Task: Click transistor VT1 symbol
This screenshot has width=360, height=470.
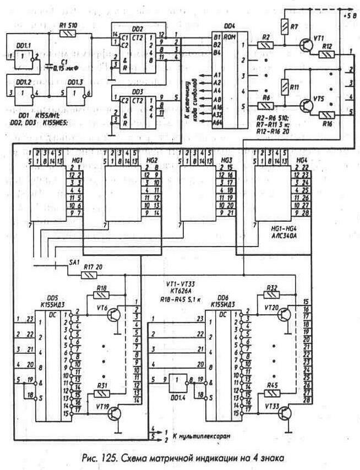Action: point(306,46)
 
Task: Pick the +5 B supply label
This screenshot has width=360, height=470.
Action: point(349,18)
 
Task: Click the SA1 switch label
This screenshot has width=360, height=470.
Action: point(74,262)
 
